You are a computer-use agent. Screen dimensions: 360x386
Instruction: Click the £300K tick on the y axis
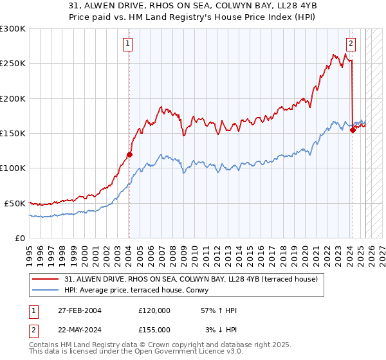coord(13,29)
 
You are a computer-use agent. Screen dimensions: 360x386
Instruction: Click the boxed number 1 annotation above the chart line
coord(129,44)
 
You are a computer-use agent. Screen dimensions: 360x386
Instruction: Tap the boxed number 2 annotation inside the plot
coord(351,44)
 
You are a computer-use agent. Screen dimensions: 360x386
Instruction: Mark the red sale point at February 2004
coord(129,154)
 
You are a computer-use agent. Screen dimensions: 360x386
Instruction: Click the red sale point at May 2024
coord(352,130)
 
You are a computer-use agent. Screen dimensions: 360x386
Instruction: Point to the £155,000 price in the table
coord(154,329)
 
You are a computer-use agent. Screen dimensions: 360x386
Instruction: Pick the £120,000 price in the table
coord(154,310)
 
